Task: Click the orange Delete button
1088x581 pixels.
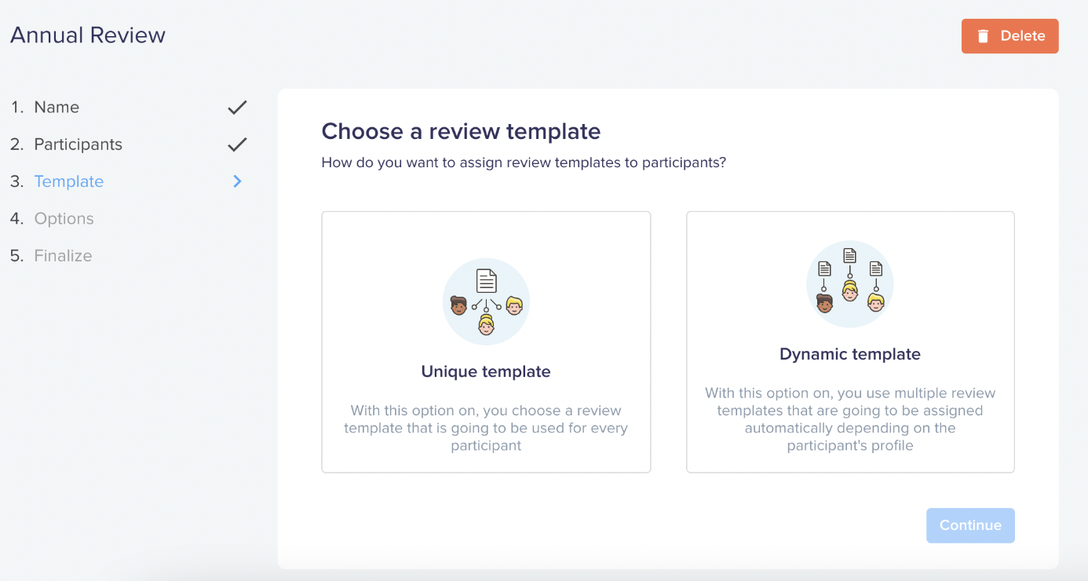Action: tap(1010, 36)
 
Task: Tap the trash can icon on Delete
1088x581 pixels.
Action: tap(983, 36)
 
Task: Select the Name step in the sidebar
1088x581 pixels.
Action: tap(57, 107)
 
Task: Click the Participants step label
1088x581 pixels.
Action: tap(78, 144)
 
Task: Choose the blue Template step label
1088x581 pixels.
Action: tap(69, 181)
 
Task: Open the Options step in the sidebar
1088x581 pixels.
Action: tap(64, 218)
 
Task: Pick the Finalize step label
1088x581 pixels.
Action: tap(63, 255)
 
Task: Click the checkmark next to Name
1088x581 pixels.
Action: tap(238, 108)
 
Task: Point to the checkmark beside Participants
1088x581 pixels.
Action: tap(238, 144)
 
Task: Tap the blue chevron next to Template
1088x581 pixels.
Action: tap(238, 181)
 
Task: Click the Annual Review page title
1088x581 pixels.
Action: tap(88, 35)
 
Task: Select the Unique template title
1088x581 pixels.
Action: tap(486, 371)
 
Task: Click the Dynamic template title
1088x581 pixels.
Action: tap(850, 353)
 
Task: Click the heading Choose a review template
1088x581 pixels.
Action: tap(461, 131)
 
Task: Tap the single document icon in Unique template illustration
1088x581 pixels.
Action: tap(486, 281)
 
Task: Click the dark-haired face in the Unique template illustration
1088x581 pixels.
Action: tap(458, 305)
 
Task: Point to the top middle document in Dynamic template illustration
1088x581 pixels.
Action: tap(849, 255)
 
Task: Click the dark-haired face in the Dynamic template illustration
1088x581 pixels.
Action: tap(824, 303)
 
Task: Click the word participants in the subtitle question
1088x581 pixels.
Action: tap(684, 163)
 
